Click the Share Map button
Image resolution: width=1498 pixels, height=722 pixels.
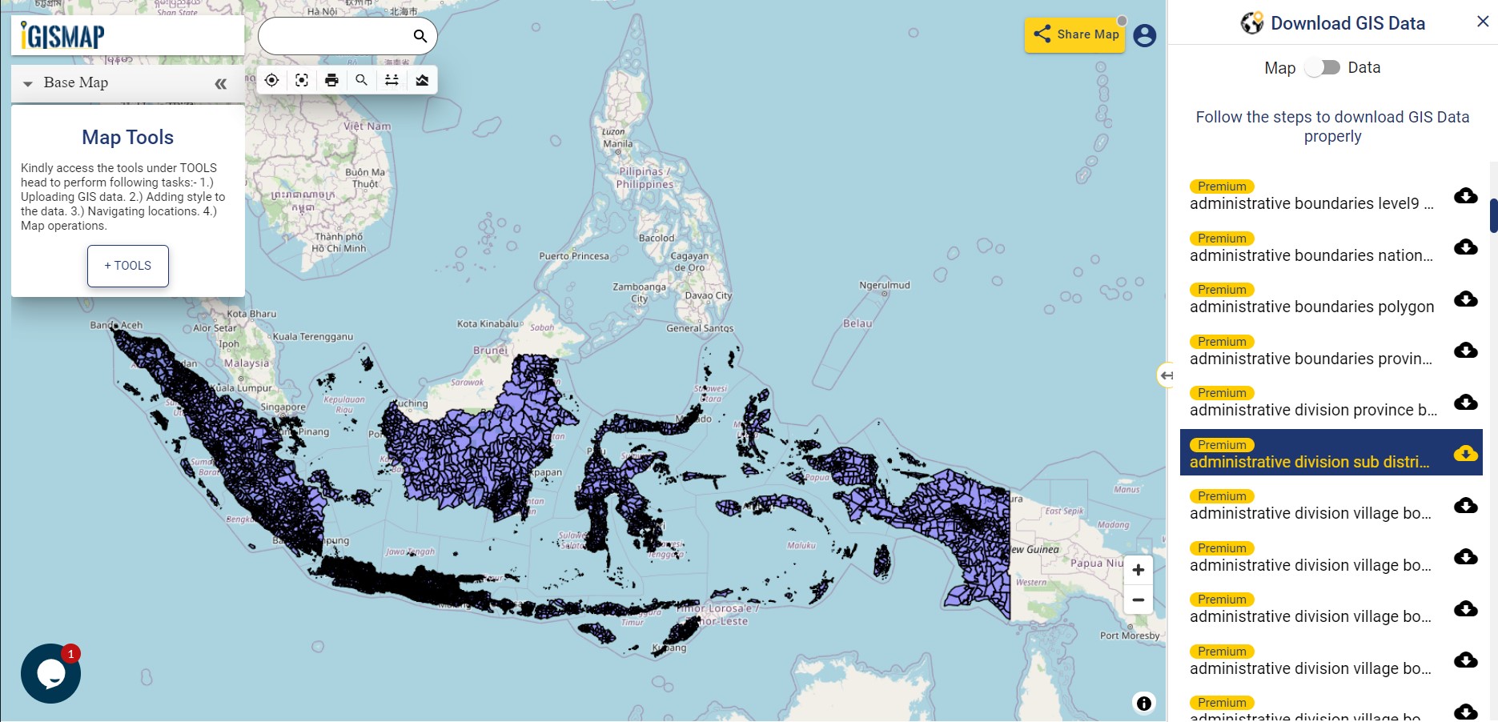click(1074, 34)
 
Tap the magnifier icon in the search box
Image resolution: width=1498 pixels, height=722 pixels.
click(420, 36)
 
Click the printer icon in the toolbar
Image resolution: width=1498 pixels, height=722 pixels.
click(331, 80)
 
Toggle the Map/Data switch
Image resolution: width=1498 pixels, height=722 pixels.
click(1322, 68)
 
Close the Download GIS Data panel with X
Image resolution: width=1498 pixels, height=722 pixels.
click(1482, 22)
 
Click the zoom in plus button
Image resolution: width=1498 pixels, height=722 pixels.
click(1138, 570)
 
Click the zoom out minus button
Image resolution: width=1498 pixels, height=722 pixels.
click(1138, 600)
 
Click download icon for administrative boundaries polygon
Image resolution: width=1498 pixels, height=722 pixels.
click(1465, 299)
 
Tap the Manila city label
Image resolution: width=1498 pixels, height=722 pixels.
click(617, 144)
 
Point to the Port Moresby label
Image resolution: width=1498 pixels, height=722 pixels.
click(1129, 636)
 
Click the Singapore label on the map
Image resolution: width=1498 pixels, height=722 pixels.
click(283, 407)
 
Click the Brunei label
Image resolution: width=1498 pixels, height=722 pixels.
click(490, 350)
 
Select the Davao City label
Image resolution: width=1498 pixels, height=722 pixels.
click(708, 295)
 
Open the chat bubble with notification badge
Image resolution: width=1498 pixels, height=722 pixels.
click(50, 673)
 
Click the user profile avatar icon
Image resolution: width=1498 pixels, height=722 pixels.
click(1144, 36)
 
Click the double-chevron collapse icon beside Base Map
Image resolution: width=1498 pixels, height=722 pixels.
click(220, 84)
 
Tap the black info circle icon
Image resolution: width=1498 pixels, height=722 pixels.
click(1143, 703)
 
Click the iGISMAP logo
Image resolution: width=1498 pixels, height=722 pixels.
click(63, 36)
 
